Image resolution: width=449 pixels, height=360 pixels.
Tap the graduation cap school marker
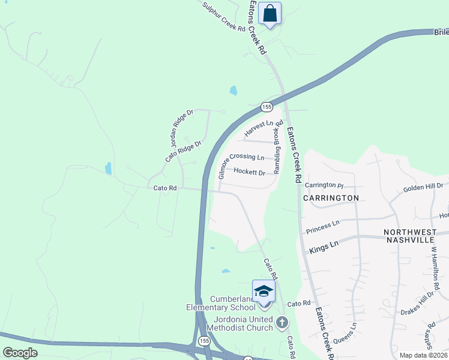click(x=263, y=292)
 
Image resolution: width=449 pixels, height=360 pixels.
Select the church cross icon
click(x=282, y=324)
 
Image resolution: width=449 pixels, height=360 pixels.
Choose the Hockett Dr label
click(x=249, y=172)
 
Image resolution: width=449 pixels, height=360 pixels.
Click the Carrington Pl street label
click(x=324, y=185)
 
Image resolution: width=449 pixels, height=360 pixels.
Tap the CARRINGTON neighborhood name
click(x=331, y=197)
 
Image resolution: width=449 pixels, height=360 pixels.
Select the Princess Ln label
click(x=322, y=227)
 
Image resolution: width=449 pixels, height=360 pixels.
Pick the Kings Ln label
click(x=324, y=246)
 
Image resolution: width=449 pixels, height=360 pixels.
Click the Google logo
click(x=20, y=353)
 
